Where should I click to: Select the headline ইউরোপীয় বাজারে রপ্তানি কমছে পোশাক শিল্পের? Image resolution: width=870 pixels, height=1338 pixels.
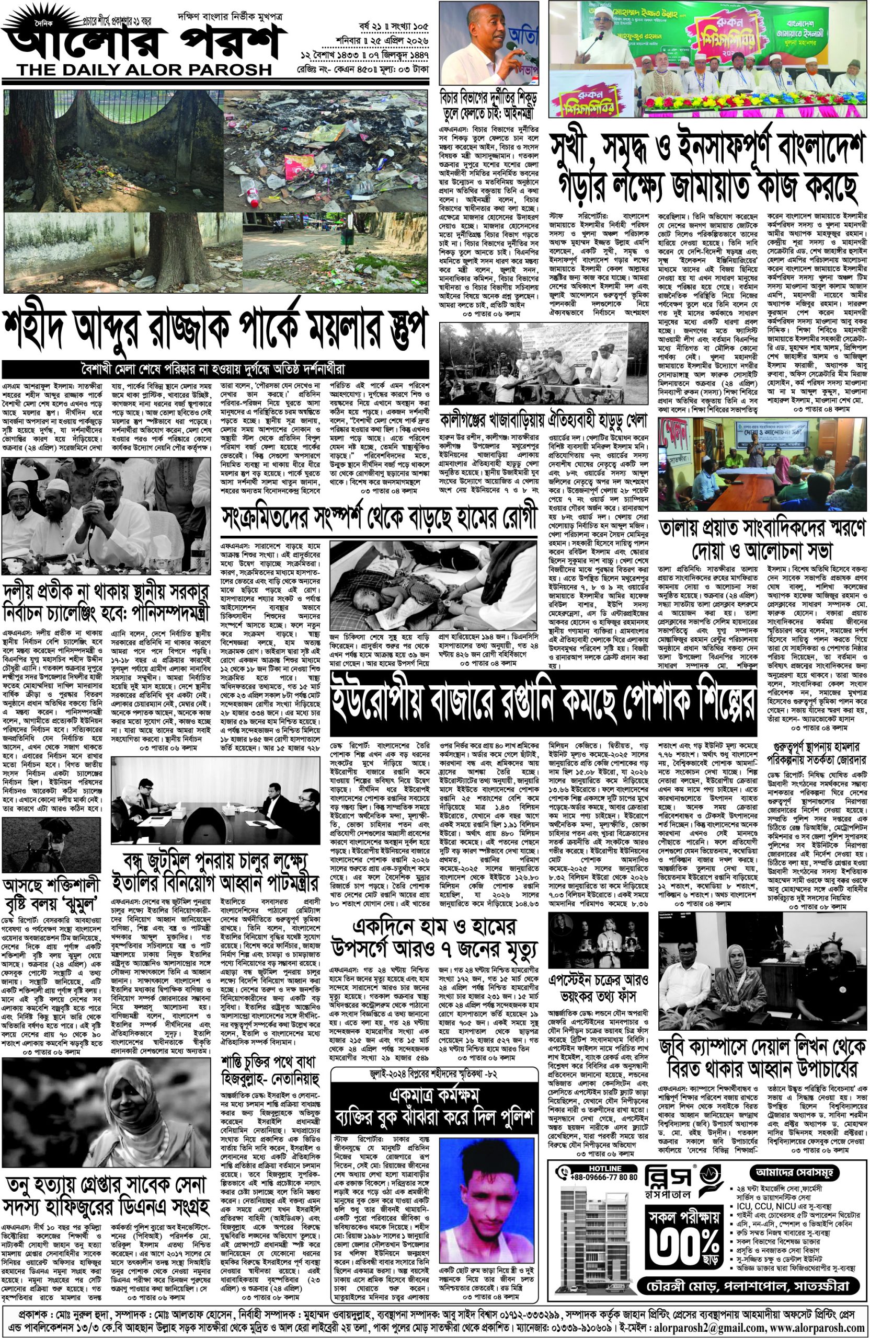pos(543,701)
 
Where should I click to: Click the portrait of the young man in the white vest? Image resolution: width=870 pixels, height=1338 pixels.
pos(486,1231)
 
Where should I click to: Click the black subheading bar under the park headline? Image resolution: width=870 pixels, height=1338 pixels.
pos(214,370)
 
